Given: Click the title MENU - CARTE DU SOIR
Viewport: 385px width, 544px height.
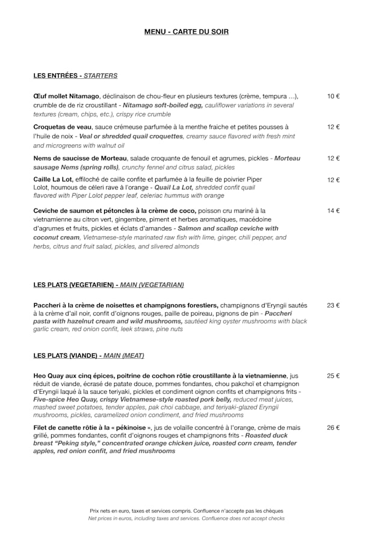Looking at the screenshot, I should (186, 32).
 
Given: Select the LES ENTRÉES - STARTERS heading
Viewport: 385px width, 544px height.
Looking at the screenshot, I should (75, 76).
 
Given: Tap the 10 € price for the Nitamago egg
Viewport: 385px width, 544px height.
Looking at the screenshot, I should (333, 96).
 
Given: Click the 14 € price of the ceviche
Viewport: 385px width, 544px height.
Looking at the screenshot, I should (333, 211).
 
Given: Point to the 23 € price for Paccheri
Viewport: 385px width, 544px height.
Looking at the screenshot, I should (333, 305).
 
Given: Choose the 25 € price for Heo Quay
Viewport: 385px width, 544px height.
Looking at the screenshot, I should (333, 376).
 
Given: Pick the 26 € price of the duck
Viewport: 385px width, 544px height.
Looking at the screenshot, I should (333, 428).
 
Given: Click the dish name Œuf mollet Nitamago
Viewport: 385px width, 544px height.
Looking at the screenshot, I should (66, 96).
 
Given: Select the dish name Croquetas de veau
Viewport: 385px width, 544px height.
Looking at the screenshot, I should (63, 127).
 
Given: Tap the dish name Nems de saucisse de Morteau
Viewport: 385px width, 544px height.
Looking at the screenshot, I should (80, 159).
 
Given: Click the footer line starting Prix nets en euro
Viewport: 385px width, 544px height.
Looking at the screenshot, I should (186, 511).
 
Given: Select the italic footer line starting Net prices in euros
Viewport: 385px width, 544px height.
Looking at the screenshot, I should (186, 518).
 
